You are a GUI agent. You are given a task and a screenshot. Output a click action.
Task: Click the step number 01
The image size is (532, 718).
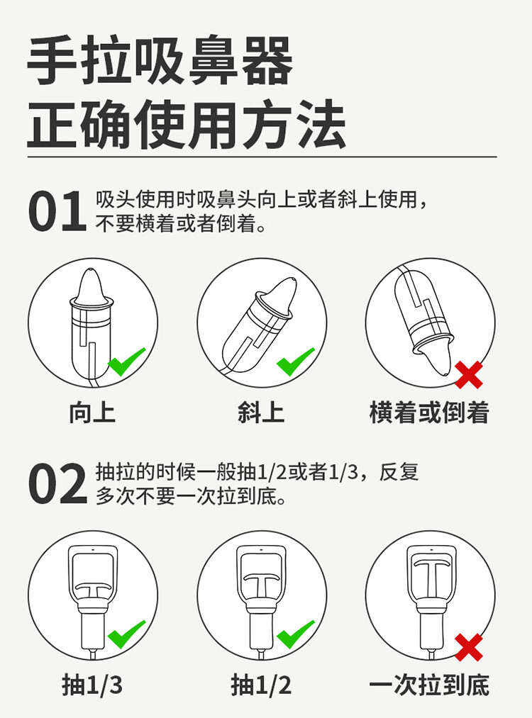57,211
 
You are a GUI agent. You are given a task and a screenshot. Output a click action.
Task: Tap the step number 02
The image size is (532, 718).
57,483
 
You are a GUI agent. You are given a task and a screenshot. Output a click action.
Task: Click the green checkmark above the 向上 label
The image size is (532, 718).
126,361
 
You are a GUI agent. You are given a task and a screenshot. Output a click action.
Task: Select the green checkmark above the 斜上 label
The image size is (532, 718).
296,361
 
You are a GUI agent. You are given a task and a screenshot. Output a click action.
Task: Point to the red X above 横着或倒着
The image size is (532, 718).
469,374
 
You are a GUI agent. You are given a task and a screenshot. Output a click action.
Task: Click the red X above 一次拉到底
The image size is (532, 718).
469,647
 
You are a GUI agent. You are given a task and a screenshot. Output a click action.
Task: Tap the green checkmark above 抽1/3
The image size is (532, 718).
126,634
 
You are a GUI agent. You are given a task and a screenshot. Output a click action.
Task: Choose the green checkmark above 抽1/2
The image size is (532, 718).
296,634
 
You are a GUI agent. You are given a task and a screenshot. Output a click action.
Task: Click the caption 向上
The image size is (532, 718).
92,412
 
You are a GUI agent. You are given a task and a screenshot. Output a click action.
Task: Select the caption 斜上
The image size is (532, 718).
261,412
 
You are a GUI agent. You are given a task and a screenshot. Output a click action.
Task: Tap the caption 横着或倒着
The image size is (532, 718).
429,412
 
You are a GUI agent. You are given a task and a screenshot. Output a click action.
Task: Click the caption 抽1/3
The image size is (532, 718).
92,685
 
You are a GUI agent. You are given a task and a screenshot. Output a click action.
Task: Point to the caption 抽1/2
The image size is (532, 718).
261,685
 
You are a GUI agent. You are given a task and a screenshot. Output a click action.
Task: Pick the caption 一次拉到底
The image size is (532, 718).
429,685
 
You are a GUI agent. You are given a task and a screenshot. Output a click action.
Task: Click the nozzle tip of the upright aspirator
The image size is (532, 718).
92,269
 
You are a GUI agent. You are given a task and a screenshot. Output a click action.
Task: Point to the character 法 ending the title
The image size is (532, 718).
321,124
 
